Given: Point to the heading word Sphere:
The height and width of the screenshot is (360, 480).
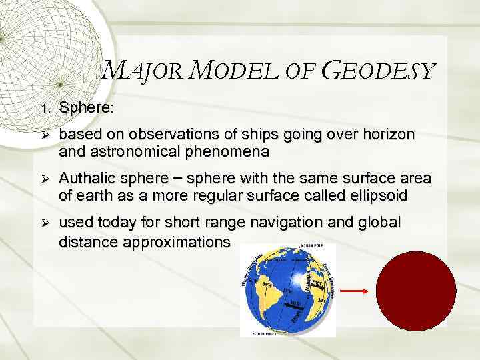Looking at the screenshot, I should pos(86,107).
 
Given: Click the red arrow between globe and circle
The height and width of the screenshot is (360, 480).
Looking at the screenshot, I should pos(354,291).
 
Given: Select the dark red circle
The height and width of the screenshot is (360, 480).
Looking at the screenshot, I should pos(416,291).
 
